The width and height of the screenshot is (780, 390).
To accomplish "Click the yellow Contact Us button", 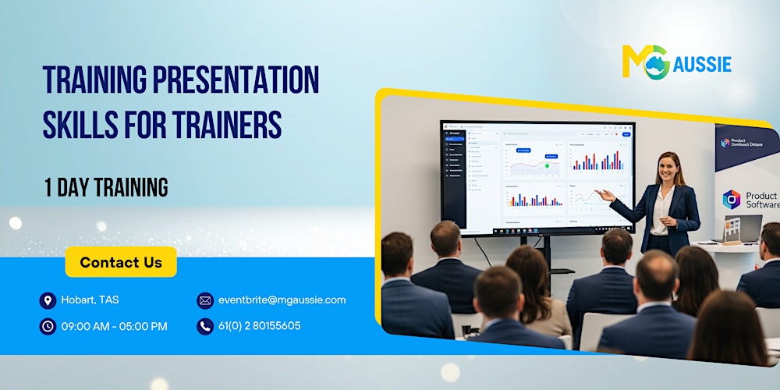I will (x=121, y=262).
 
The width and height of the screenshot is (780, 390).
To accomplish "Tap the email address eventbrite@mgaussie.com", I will (x=282, y=300).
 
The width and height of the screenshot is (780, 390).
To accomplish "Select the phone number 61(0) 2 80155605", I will (x=259, y=326).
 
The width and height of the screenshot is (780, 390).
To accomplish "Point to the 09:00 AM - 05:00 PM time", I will (x=115, y=326).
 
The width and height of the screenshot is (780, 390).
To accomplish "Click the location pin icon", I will (x=48, y=300).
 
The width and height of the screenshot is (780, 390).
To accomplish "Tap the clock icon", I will (x=48, y=326).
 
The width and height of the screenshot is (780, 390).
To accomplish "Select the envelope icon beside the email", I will (x=204, y=300).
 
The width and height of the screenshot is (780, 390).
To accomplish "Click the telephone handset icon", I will (x=204, y=326).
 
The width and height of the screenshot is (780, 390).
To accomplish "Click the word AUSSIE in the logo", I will (x=703, y=65).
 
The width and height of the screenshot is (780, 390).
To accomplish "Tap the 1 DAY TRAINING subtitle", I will (x=105, y=187).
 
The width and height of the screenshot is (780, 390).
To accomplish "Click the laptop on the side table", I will (x=743, y=229).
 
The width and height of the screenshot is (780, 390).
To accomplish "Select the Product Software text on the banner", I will (x=760, y=200).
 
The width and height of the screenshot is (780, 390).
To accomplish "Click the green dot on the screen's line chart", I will (x=547, y=165).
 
